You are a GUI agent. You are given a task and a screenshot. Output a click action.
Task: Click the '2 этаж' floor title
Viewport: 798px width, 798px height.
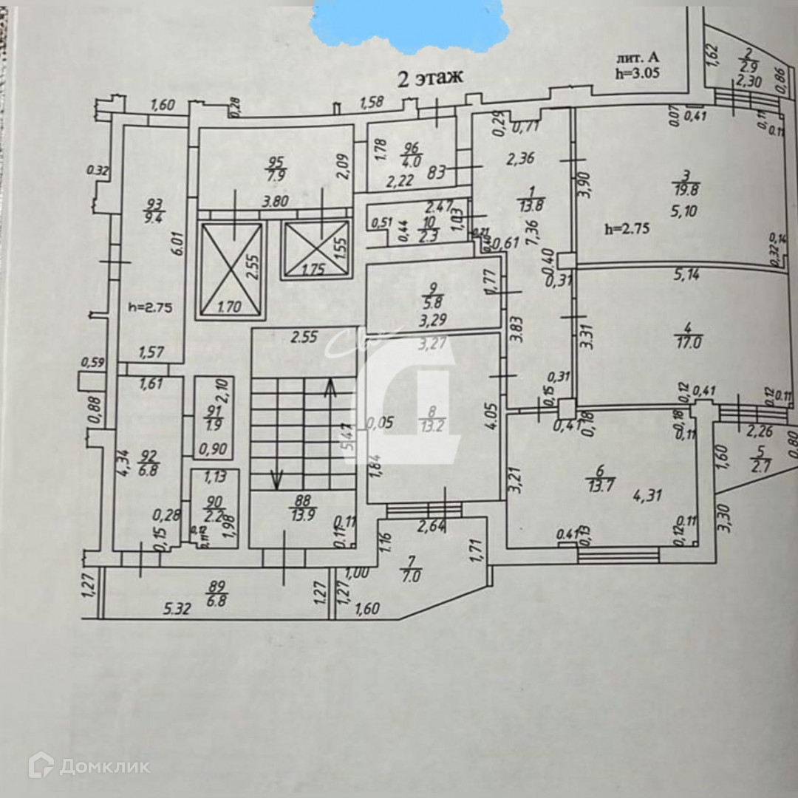point(430,78)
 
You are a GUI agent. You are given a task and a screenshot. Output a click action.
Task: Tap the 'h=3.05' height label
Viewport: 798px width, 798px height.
point(637,73)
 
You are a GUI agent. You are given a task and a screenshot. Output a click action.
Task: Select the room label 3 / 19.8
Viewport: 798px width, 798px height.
point(686,183)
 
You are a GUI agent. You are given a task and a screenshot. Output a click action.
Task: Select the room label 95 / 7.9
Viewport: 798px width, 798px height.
point(276,168)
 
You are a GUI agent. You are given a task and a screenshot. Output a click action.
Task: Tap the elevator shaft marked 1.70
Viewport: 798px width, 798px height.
point(229,270)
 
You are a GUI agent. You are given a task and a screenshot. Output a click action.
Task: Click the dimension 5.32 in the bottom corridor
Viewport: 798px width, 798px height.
point(177,610)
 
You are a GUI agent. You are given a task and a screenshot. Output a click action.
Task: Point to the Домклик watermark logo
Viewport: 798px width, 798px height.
point(89,765)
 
